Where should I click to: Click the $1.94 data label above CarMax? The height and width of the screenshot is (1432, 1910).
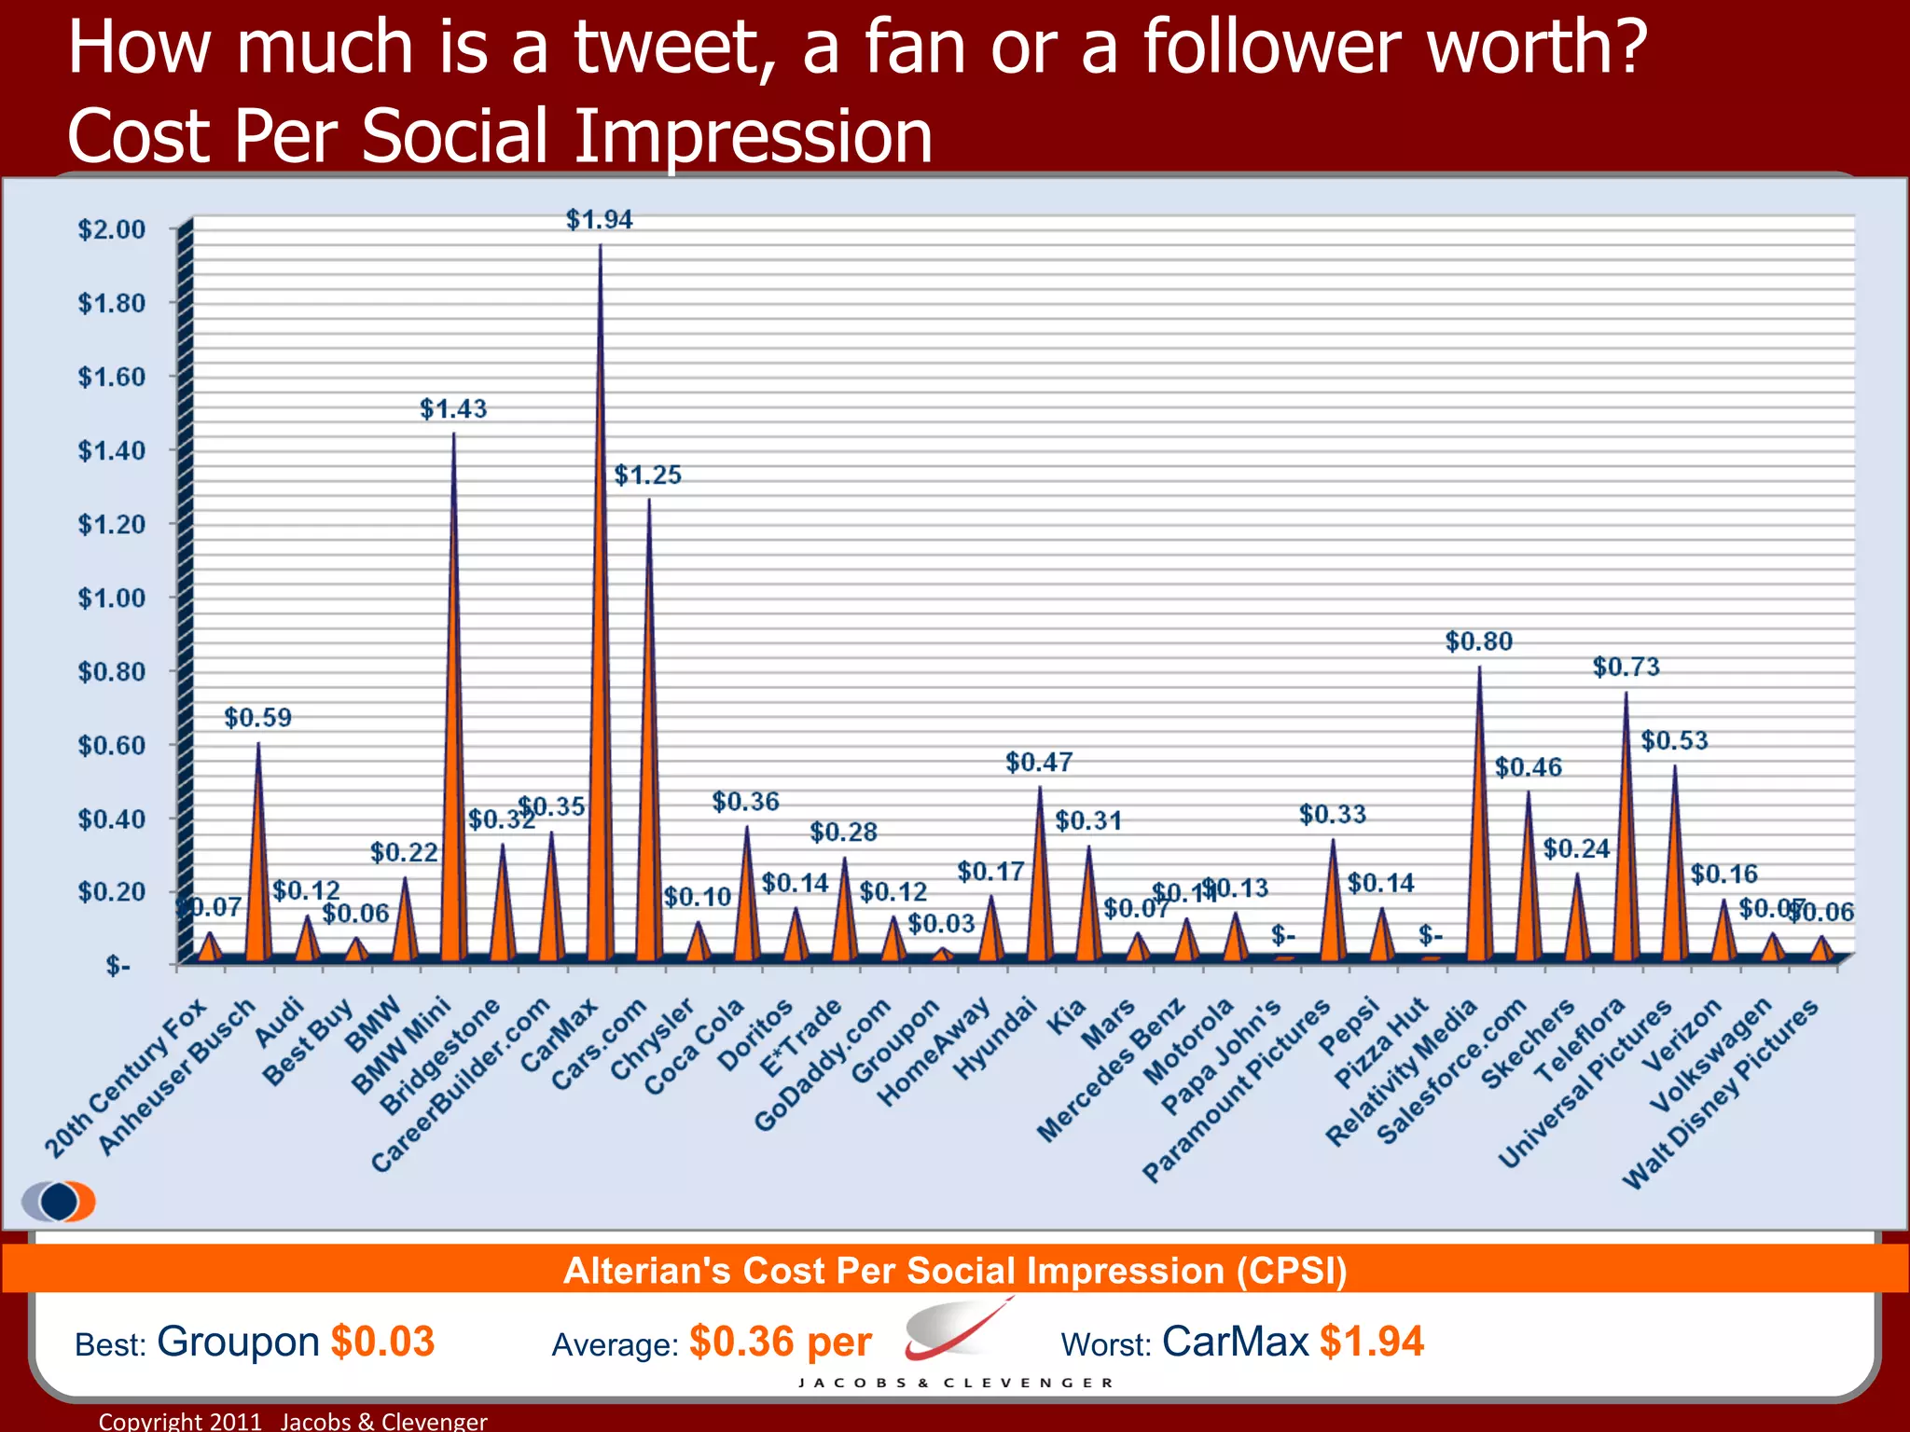click(599, 220)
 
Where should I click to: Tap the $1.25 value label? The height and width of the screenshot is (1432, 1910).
click(647, 475)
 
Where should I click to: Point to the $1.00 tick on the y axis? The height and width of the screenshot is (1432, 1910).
click(112, 598)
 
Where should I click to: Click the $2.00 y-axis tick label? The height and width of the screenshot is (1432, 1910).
click(112, 229)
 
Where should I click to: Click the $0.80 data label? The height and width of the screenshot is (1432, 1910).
click(1478, 641)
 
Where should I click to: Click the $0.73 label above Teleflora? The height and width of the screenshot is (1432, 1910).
click(1626, 667)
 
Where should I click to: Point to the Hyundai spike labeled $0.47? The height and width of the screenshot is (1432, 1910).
click(1039, 876)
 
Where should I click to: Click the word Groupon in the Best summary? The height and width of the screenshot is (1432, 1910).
click(238, 1342)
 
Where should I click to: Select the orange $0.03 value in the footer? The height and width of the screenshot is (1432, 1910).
click(382, 1342)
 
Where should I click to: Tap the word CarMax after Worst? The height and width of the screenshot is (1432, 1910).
click(1235, 1342)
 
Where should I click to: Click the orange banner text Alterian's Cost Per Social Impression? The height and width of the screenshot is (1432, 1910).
click(955, 1271)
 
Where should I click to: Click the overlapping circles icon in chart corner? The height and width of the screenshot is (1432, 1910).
click(59, 1201)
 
